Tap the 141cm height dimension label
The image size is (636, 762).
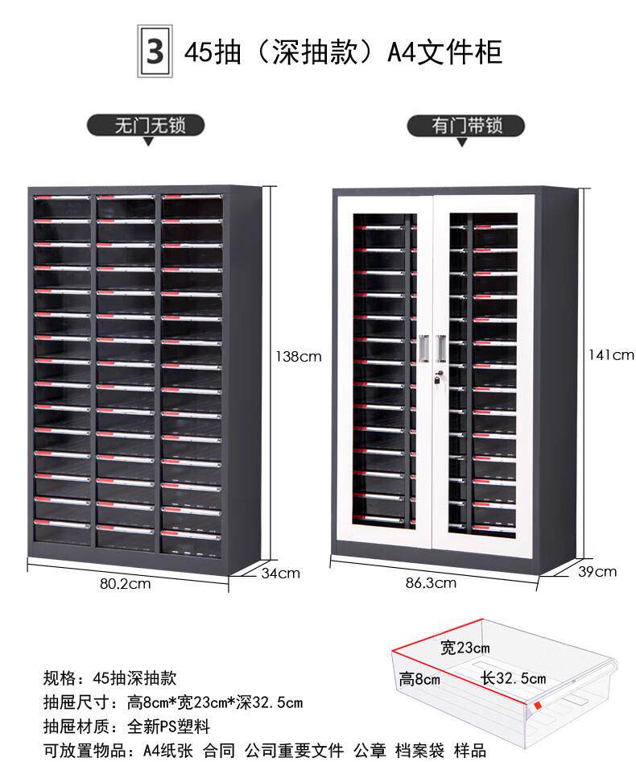click(612, 354)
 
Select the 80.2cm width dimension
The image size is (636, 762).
click(125, 584)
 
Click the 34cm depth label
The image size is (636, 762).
click(280, 573)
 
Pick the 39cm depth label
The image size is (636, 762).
click(597, 571)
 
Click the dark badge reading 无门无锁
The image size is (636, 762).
click(147, 125)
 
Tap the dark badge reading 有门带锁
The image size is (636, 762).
click(465, 126)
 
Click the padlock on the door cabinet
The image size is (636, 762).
click(437, 379)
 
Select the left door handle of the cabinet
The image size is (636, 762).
click(423, 346)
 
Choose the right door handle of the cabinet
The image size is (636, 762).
click(441, 346)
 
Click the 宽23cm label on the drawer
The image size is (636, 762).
click(465, 647)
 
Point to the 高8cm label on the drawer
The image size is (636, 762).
click(419, 679)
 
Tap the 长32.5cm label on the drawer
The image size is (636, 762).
click(514, 678)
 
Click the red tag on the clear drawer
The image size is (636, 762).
click(538, 706)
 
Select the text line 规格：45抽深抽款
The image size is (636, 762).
click(109, 678)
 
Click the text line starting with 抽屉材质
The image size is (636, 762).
click(126, 726)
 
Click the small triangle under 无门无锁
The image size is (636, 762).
click(147, 142)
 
